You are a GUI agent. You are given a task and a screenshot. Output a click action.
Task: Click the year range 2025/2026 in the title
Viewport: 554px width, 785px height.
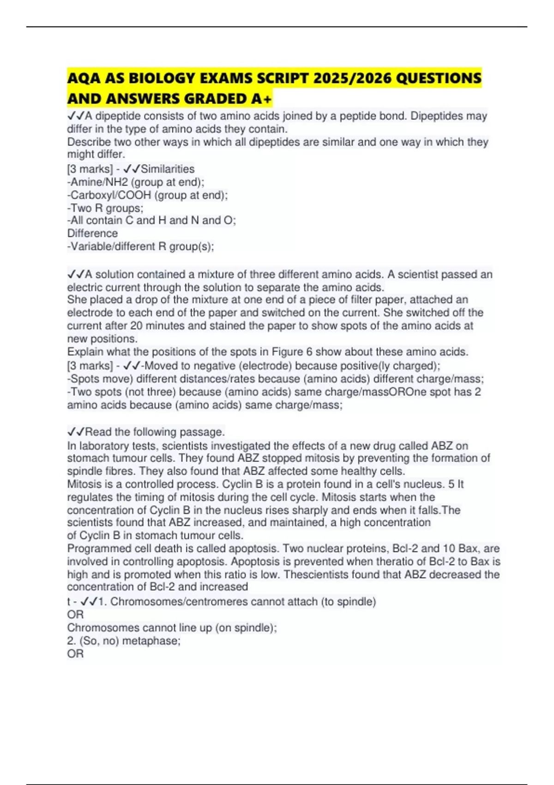[352, 78]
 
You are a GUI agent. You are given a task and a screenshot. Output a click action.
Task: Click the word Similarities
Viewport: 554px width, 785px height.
[168, 169]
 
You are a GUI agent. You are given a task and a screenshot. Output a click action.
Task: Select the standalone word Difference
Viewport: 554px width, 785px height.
[92, 233]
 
